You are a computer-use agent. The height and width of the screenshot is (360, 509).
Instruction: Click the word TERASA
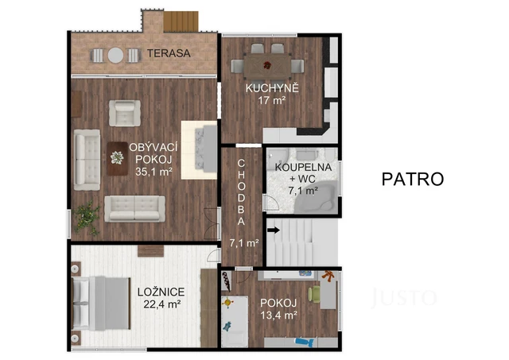click(168, 54)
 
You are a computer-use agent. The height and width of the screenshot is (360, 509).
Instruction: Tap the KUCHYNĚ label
click(272, 87)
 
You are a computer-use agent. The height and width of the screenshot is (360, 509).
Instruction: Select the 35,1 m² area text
click(154, 171)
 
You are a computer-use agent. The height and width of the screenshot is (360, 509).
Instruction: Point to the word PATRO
click(411, 178)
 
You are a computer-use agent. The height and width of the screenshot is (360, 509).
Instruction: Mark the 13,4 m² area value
click(278, 315)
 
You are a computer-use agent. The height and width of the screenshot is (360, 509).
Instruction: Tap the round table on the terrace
click(115, 56)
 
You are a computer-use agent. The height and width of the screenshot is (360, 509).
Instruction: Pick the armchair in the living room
click(124, 111)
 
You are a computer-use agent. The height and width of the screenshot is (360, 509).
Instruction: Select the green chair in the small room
click(315, 294)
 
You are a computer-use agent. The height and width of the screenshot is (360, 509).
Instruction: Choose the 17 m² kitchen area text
click(271, 100)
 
